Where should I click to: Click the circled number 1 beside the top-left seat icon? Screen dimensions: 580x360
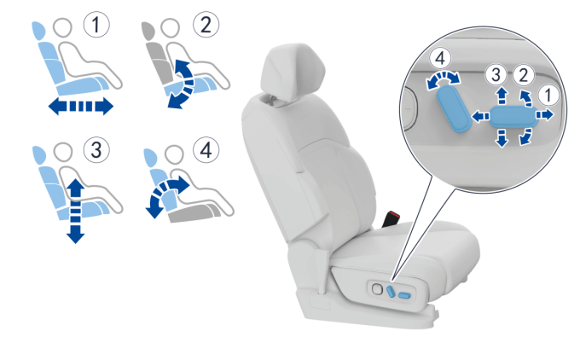click(x=96, y=25)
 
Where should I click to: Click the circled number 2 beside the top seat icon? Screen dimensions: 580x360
click(x=206, y=25)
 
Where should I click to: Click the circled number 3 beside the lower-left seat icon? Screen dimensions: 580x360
click(x=96, y=150)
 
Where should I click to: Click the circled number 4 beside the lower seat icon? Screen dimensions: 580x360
click(x=206, y=150)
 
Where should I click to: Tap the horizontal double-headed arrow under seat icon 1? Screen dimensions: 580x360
click(x=81, y=106)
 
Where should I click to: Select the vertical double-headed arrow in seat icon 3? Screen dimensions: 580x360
click(x=75, y=211)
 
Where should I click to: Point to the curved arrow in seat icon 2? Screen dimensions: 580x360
click(x=184, y=84)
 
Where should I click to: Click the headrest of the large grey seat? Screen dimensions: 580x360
click(x=293, y=73)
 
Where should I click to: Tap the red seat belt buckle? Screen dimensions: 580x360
click(x=391, y=218)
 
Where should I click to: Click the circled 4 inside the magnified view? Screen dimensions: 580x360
click(x=440, y=58)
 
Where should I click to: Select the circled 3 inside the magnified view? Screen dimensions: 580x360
click(x=496, y=75)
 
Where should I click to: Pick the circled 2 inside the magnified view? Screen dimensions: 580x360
click(x=523, y=75)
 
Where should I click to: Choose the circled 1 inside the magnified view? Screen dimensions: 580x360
click(x=548, y=95)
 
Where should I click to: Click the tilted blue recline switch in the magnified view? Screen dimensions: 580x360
click(x=454, y=110)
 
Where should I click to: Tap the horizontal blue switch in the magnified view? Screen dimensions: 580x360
click(x=513, y=116)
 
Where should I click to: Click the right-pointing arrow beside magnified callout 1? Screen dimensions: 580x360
click(x=545, y=114)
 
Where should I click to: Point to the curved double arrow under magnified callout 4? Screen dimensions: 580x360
click(x=444, y=79)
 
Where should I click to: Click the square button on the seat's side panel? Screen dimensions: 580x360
click(x=377, y=289)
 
